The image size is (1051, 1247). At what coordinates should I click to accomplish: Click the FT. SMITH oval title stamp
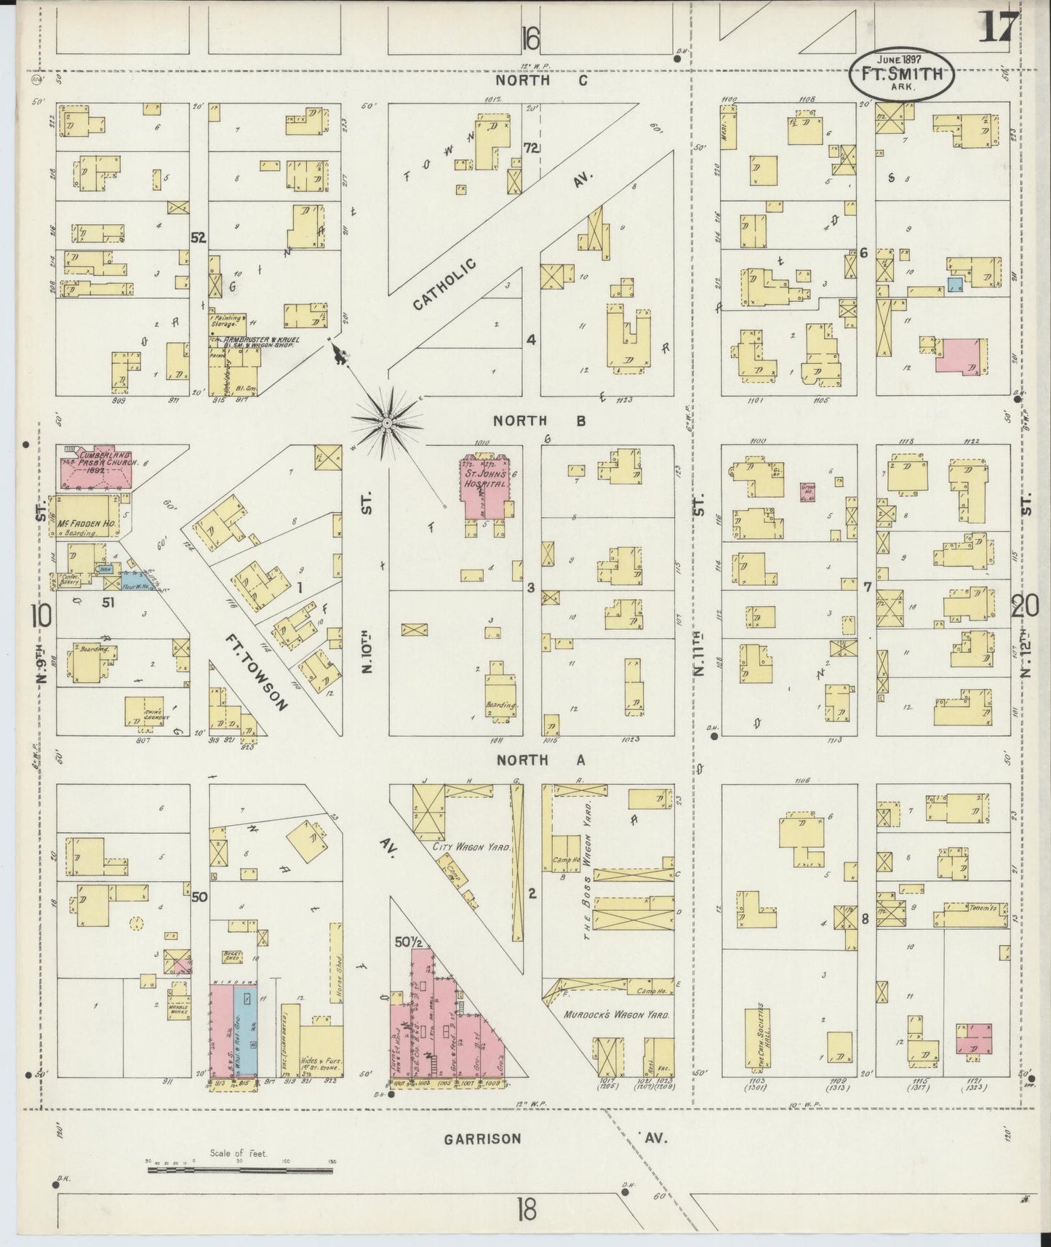[x=901, y=74]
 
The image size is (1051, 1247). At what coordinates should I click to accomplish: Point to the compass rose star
[x=388, y=423]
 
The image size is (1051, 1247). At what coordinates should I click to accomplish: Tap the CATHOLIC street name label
[x=444, y=283]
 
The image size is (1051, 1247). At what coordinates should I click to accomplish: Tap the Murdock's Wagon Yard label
[x=616, y=1014]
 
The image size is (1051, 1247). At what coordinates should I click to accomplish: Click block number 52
[x=198, y=237]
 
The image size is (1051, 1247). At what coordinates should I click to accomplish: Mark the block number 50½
[x=408, y=942]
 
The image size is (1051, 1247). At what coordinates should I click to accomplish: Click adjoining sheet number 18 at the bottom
[x=527, y=1211]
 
